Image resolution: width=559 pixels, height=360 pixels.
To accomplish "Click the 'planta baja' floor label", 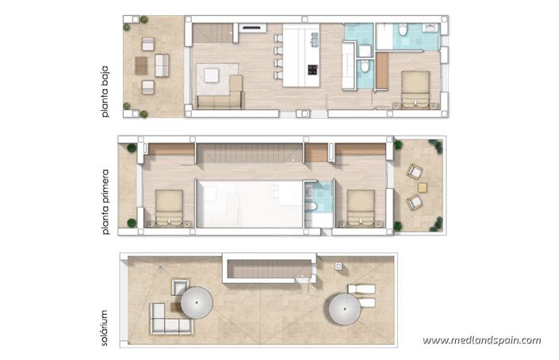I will click(105, 94).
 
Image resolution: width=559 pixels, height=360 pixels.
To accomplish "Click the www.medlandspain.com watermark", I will click(481, 340).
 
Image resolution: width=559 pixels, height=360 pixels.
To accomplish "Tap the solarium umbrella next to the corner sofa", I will click(196, 301).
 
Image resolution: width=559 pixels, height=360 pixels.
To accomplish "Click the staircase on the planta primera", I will click(250, 152).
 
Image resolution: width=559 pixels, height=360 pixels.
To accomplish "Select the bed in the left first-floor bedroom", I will click(169, 208).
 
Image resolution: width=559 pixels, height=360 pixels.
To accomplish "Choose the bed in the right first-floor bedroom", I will click(361, 207).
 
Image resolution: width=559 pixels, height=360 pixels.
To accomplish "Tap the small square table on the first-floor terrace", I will click(422, 186).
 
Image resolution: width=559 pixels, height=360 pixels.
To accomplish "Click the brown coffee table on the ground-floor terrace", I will click(142, 64).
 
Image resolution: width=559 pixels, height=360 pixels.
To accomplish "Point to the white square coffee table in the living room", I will click(212, 75).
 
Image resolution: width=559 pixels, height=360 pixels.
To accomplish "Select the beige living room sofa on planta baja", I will click(219, 101).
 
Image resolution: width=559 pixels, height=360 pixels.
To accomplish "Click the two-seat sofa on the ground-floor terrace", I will click(162, 65).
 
